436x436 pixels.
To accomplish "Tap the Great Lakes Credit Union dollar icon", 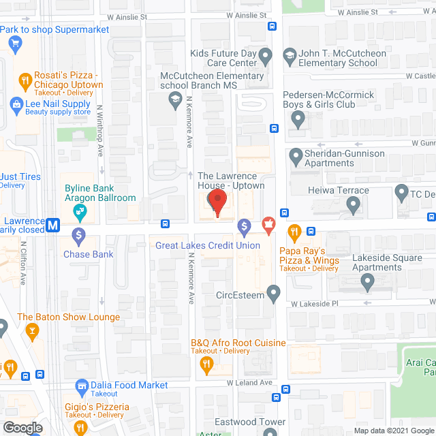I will coord(244,225).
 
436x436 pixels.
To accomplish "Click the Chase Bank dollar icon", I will coord(78,236).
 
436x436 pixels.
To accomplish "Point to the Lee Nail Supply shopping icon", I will coord(15,104).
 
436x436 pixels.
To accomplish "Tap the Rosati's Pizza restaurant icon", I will coord(25,79).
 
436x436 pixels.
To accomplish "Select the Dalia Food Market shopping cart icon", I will coord(82,385).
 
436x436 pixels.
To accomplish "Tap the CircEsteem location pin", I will coord(274,294).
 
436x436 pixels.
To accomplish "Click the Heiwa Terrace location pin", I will coord(353,204).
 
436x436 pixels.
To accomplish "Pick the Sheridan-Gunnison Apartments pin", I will coord(296,158).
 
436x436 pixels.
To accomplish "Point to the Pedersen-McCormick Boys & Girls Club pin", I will coord(297,119).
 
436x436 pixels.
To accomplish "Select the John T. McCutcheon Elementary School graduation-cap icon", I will coord(289,54).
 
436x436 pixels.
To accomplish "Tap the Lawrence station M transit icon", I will coord(52,222).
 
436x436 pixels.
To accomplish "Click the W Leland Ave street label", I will coord(249,383).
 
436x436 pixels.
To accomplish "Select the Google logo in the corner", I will coord(21,427).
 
